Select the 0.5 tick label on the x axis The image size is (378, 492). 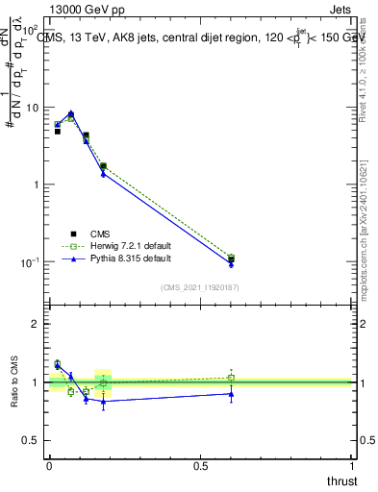click(200, 466)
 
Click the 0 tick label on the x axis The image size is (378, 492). click(49, 466)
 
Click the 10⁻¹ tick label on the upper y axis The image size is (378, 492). click(30, 262)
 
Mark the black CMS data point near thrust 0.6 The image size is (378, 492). click(231, 258)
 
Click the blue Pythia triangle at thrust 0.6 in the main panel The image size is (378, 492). click(231, 264)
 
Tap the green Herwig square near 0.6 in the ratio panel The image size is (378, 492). click(231, 378)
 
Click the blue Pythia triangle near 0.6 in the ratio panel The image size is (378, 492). click(231, 393)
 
